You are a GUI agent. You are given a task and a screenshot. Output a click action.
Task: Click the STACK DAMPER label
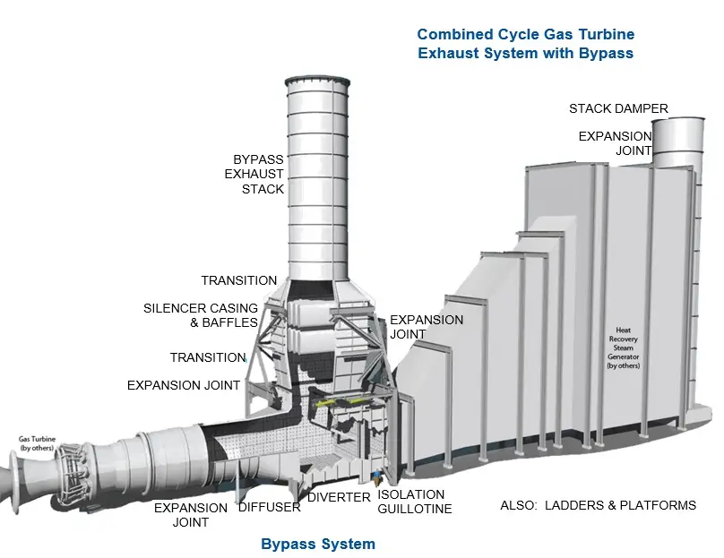618,108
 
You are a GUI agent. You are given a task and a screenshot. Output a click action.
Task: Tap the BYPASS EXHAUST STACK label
254,174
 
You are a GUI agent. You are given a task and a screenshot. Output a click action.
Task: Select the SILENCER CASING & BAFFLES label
201,314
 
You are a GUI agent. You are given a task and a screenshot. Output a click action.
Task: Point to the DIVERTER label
339,497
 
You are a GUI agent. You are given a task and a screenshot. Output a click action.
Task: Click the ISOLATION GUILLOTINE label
414,502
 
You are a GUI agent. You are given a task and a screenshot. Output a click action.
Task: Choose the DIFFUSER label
270,507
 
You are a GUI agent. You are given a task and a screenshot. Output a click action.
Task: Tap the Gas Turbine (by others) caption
37,443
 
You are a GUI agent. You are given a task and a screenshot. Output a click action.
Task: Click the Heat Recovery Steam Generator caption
624,348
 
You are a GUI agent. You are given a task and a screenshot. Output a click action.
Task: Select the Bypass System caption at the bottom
318,544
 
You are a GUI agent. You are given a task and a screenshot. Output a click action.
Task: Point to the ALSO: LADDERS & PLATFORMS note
598,505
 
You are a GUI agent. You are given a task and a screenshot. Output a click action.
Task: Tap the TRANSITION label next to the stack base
238,280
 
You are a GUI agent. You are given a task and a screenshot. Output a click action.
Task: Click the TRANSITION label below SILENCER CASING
208,357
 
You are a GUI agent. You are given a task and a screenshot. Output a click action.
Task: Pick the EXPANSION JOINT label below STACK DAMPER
615,143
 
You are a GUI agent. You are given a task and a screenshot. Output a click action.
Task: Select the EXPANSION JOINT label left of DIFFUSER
191,515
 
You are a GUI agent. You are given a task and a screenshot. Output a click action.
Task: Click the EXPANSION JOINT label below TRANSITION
184,385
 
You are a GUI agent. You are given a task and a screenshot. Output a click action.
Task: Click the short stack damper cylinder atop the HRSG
677,142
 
